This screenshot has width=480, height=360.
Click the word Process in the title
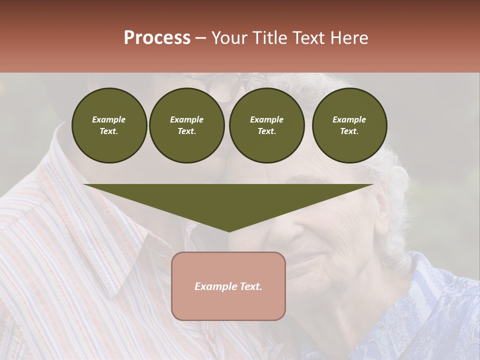pyautogui.click(x=157, y=38)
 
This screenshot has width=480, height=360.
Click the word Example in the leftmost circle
pyautogui.click(x=109, y=119)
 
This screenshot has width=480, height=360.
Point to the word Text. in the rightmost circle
pyautogui.click(x=349, y=131)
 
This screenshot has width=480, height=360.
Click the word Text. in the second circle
pyautogui.click(x=187, y=131)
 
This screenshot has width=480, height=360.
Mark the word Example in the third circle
pyautogui.click(x=266, y=119)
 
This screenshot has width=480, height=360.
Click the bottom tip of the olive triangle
pyautogui.click(x=229, y=230)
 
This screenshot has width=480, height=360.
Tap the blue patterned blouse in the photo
pyautogui.click(x=430, y=310)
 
